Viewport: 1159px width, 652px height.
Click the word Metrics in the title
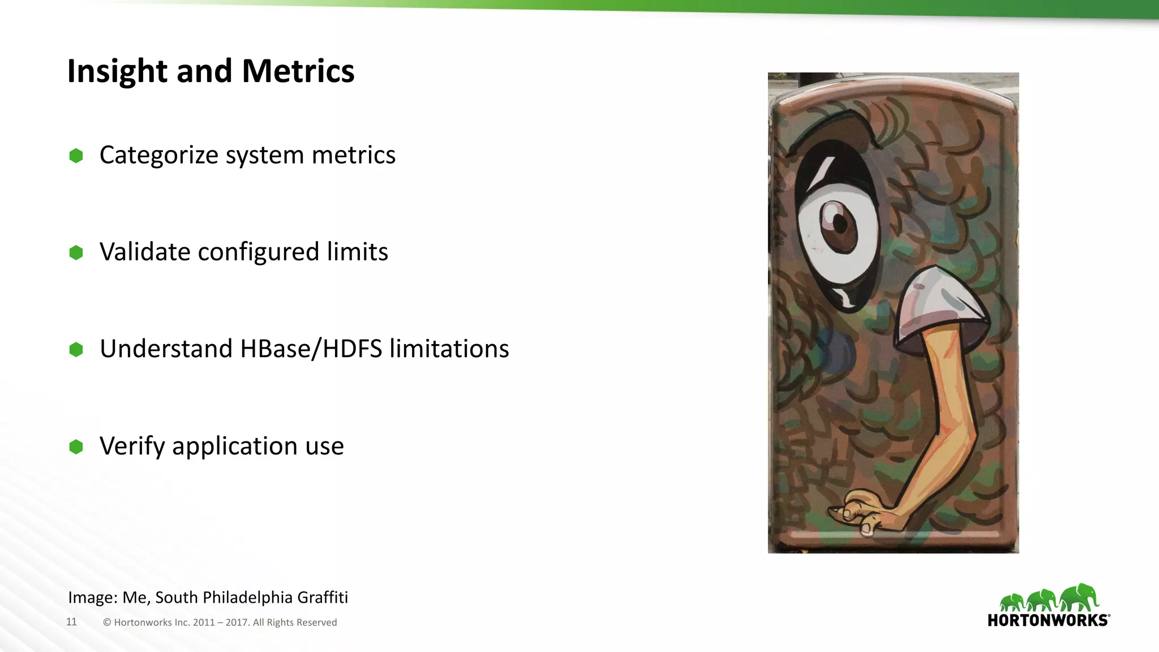click(x=298, y=71)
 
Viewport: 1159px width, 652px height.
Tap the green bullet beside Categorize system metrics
click(x=76, y=156)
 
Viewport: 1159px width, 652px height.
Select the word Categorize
click(x=158, y=156)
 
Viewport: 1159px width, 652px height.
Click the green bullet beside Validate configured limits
click(x=76, y=252)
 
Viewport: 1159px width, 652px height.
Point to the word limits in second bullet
click(x=357, y=252)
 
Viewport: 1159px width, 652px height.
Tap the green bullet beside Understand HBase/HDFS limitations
click(x=76, y=350)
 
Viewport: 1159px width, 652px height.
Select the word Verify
click(x=132, y=447)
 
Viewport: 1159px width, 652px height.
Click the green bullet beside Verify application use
click(x=76, y=447)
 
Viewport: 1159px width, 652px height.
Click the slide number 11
click(x=71, y=622)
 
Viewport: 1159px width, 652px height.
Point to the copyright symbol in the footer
click(x=107, y=623)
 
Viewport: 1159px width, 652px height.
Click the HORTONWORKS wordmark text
click(x=1048, y=620)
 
